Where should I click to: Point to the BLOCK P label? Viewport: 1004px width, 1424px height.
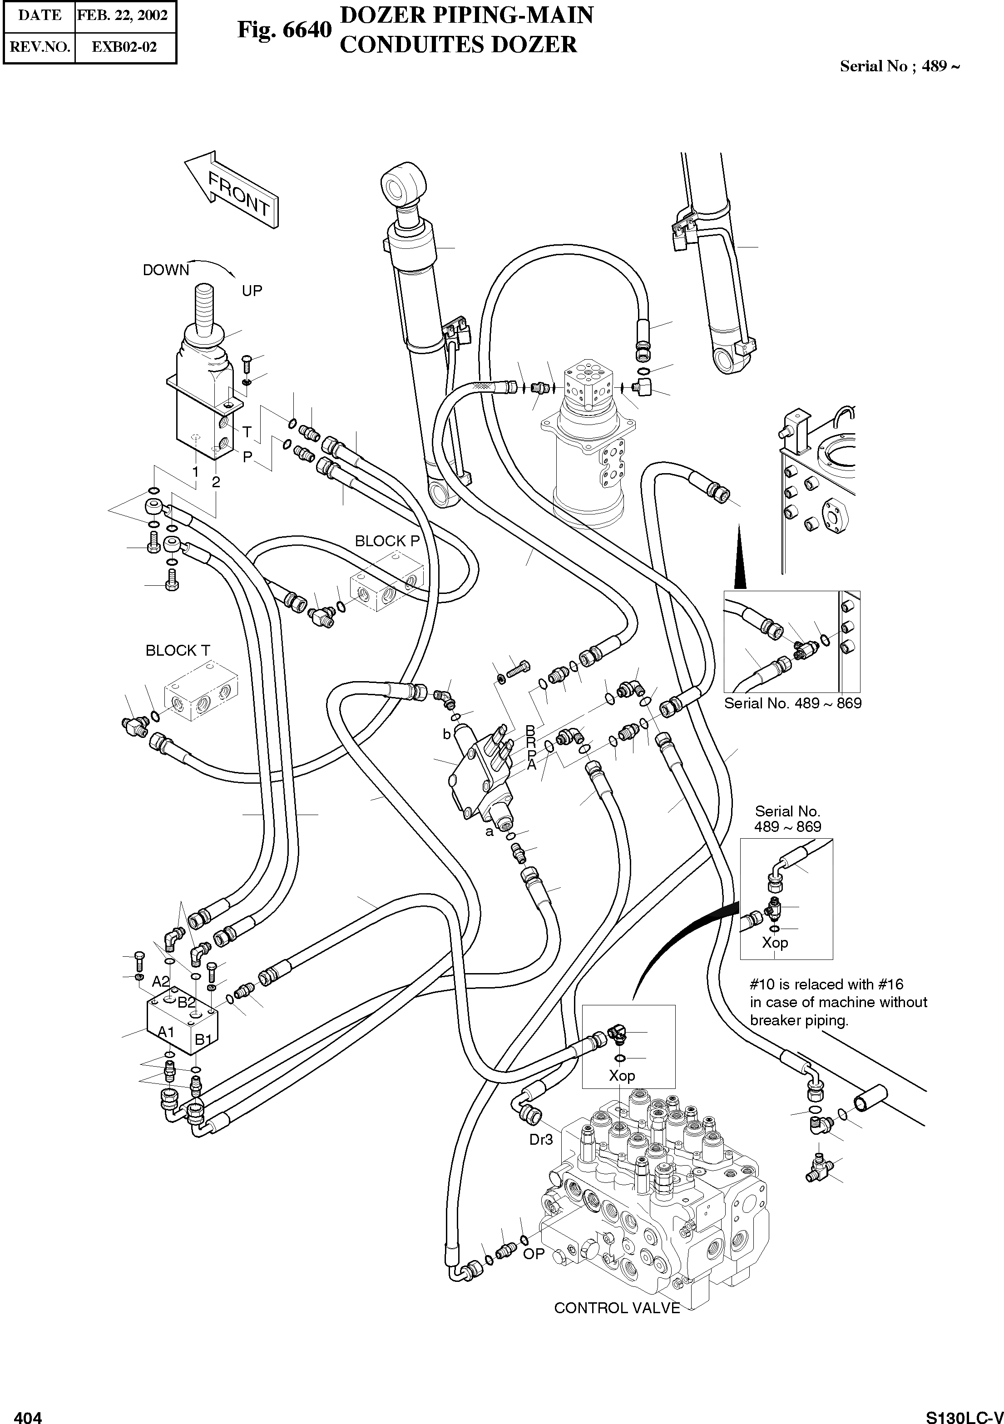pos(387,541)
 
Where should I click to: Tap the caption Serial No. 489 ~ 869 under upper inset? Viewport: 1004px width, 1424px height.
pos(792,703)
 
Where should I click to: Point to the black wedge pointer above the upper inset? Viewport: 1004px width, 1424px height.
pos(739,558)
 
